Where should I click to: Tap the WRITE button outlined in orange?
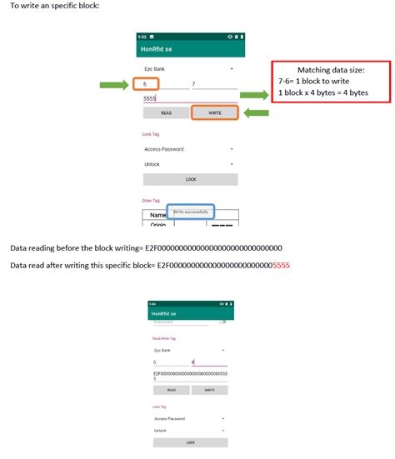215,112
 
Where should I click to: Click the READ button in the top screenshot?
166,112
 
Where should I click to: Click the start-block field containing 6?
148,84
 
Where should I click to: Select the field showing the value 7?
214,84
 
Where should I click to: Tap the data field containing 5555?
190,98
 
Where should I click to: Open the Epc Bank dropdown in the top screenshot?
190,68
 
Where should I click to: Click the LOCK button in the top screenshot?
190,179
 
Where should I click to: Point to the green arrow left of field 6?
114,84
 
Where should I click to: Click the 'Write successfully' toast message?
190,212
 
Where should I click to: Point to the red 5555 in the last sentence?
282,266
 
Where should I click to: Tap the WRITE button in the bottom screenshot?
209,389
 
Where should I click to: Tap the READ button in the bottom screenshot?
171,389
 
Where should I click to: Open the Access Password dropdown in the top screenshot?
190,149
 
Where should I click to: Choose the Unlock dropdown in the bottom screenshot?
190,431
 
